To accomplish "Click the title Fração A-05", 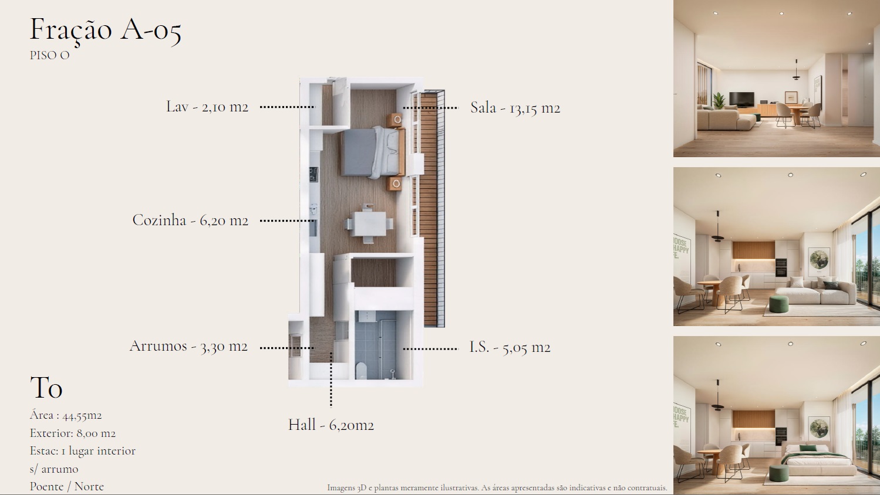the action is (106, 30).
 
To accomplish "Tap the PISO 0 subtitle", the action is (49, 55).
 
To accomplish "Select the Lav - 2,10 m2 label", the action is (207, 107).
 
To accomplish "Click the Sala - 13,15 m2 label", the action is (515, 108).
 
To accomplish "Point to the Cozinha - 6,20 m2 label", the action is (190, 220).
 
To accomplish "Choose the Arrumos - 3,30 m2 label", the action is (188, 346).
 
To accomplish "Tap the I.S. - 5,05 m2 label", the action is (510, 347).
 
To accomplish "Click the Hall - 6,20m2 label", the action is (331, 425).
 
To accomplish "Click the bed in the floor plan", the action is (372, 152).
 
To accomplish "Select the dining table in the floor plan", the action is (369, 224).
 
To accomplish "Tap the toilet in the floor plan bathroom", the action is (361, 371).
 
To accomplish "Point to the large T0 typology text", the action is (46, 388).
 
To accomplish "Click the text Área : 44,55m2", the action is (66, 415).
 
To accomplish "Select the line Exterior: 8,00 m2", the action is (73, 433).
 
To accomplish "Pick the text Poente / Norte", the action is (67, 487).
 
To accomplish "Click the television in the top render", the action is (741, 99).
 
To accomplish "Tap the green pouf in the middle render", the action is (778, 304).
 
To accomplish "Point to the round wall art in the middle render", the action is (819, 259).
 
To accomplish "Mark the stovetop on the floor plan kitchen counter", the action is (313, 175).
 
